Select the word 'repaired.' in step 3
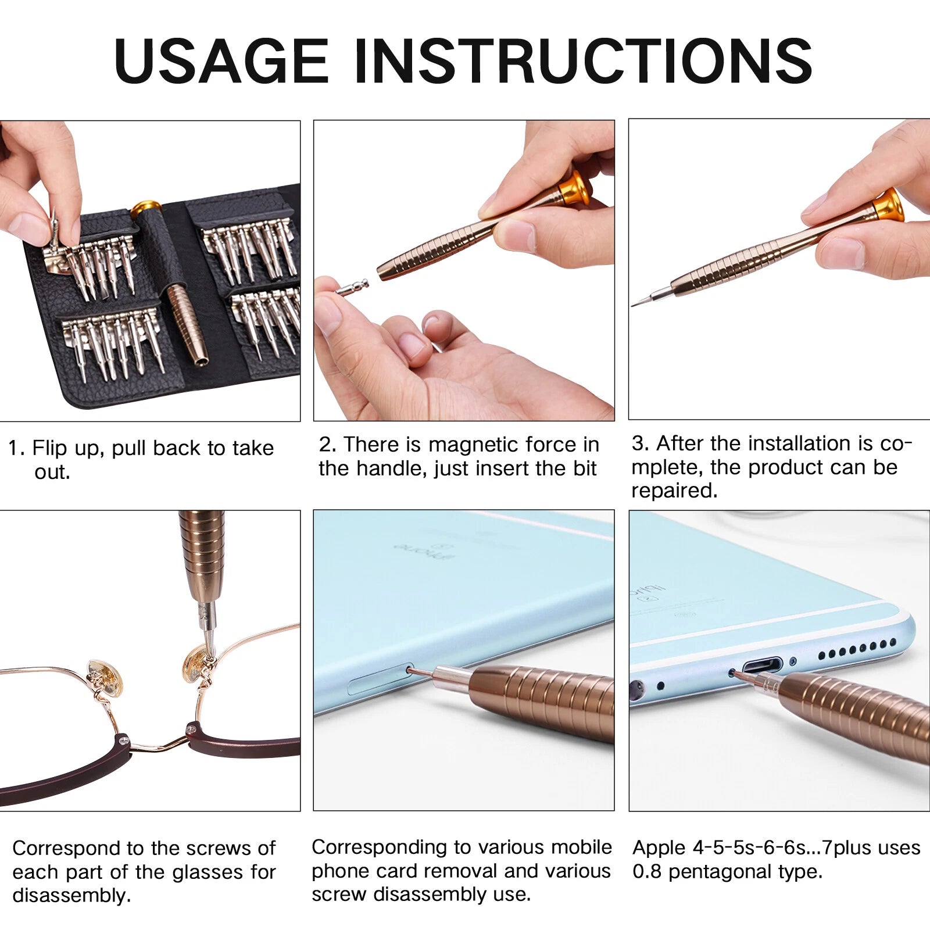tap(674, 491)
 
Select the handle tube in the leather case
tap(187, 323)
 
